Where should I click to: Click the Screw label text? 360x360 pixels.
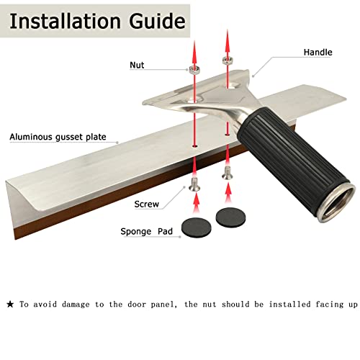click(x=146, y=204)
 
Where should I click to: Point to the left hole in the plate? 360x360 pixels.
click(x=194, y=145)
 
